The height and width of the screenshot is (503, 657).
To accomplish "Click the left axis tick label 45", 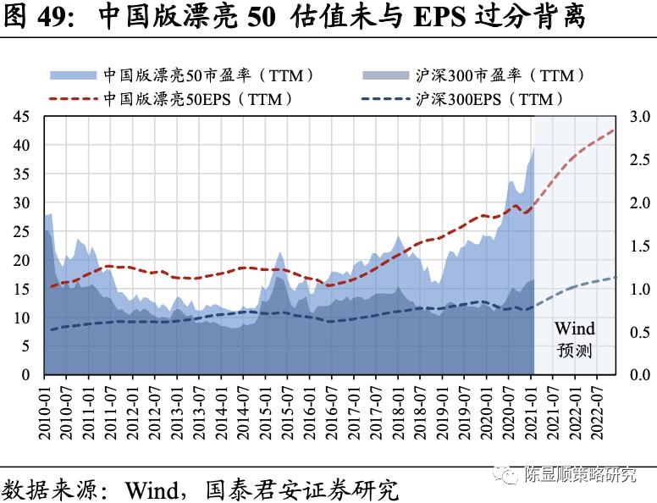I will (20, 117).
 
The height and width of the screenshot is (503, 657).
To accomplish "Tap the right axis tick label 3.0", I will (639, 117).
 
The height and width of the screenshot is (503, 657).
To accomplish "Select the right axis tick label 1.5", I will (639, 246).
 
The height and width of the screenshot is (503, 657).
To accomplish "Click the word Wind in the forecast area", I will (574, 329).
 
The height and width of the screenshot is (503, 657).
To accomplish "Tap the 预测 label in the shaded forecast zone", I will (574, 351).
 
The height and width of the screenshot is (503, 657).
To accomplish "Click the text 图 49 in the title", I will (32, 16).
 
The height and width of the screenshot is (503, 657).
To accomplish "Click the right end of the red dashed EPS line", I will (614, 130).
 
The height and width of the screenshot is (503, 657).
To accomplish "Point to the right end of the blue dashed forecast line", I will (616, 277).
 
